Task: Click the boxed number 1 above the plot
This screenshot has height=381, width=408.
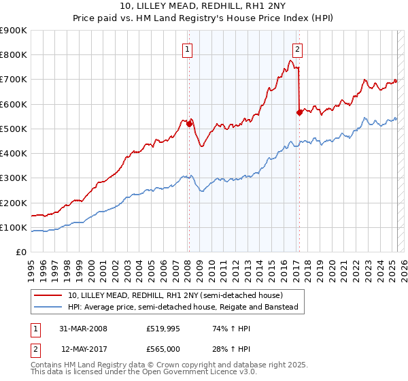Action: [186, 48]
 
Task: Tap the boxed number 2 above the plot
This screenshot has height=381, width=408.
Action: [298, 48]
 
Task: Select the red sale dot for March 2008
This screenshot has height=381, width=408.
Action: [189, 124]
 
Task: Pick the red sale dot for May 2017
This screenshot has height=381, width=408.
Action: [299, 113]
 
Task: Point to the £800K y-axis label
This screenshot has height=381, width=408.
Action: [14, 55]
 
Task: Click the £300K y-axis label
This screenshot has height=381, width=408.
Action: [14, 178]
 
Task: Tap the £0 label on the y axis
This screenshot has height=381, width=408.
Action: [20, 252]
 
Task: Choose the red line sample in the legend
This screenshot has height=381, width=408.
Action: [49, 295]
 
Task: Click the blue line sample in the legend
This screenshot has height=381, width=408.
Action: [49, 307]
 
